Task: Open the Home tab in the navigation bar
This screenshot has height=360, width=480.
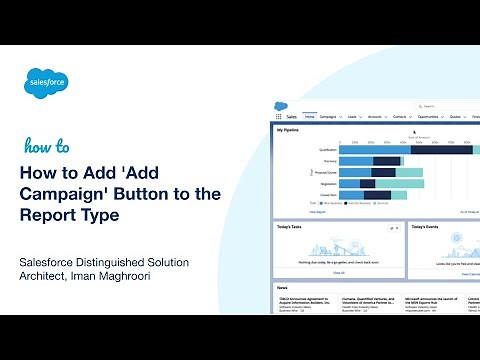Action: [310, 116]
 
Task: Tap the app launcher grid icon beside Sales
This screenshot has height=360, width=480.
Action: [279, 116]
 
